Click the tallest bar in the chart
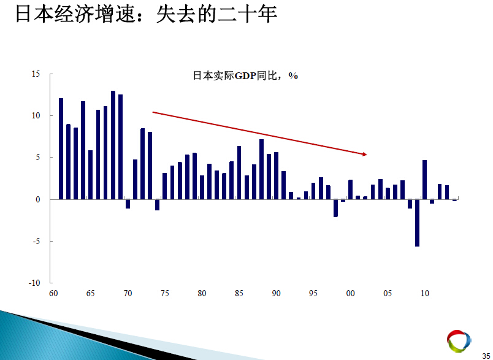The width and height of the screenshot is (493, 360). coord(113,145)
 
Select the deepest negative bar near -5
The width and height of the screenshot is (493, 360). coord(417,223)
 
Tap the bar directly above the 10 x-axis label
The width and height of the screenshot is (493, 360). coord(425,180)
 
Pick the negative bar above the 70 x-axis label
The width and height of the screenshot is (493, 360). coord(128,204)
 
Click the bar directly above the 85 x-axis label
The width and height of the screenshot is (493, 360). coord(239,172)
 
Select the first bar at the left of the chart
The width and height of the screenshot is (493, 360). coord(61,148)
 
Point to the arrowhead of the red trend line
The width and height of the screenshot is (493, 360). coord(365,154)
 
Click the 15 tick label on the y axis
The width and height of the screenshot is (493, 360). coord(36,74)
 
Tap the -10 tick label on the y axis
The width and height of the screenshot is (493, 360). coord(34,283)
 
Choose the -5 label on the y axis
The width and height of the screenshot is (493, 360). coord(36,241)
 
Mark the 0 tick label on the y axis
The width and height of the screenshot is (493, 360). coord(38,200)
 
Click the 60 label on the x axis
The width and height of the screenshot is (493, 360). coord(53,293)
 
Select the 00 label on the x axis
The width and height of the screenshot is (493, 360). coord(350,293)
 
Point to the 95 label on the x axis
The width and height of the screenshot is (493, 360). coord(313,293)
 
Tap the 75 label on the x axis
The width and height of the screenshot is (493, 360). coord(165,293)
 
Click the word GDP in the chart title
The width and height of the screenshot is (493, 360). coord(245,76)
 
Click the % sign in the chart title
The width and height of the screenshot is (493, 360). coord(293,76)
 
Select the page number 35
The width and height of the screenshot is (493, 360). coord(486,356)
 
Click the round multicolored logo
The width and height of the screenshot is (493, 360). coord(459,341)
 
